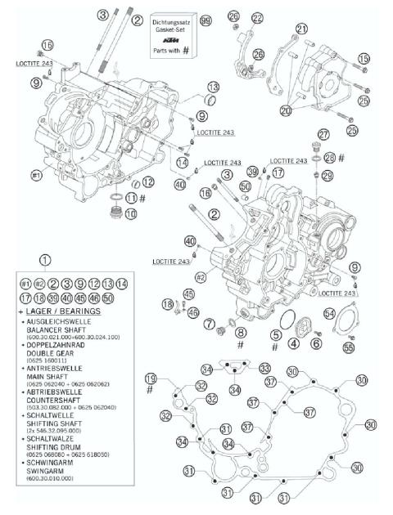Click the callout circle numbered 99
[206, 20]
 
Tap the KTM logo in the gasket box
[171, 39]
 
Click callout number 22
[258, 18]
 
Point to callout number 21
[302, 29]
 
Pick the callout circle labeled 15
[364, 58]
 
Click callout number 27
[324, 134]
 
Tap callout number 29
[327, 176]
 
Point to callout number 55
[349, 347]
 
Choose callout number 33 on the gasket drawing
[265, 368]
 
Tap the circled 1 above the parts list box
[45, 261]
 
